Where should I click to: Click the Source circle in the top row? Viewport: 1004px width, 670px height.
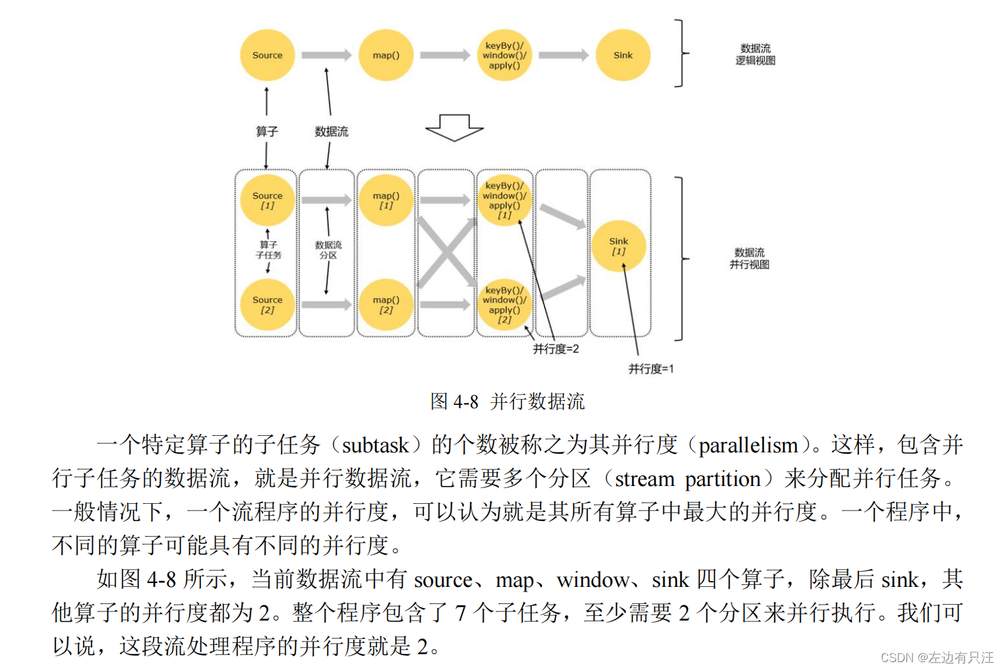(267, 55)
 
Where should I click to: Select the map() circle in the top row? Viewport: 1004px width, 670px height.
(386, 55)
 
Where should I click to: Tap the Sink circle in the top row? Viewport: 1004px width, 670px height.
(622, 55)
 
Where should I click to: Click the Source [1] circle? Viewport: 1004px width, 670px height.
(267, 200)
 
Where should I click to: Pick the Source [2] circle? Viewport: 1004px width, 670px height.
(267, 304)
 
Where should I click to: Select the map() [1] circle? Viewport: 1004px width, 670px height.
(386, 200)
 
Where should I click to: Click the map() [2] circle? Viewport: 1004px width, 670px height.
(386, 304)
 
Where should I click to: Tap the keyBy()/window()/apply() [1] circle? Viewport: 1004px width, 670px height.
(504, 200)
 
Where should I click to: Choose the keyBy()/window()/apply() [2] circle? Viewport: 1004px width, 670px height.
(504, 304)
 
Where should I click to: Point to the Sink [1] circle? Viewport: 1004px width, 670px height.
(618, 246)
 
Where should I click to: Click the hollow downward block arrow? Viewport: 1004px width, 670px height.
(454, 127)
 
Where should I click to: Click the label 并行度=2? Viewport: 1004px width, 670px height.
(556, 349)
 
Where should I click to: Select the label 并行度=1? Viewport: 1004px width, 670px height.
(651, 369)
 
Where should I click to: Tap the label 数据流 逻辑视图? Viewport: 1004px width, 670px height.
(755, 55)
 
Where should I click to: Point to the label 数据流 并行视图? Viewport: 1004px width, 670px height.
(750, 259)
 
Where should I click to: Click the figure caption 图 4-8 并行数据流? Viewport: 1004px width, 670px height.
(507, 401)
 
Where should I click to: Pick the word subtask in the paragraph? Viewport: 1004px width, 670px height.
(375, 446)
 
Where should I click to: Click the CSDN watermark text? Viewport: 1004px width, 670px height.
(936, 657)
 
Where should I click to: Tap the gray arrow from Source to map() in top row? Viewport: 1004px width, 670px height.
(326, 55)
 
